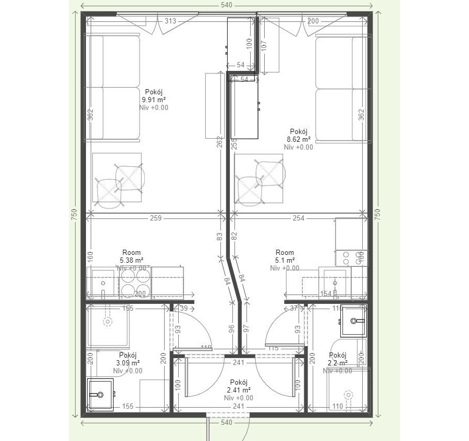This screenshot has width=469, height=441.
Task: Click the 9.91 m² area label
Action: click(x=154, y=100)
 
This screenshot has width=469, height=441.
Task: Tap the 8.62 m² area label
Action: click(x=299, y=140)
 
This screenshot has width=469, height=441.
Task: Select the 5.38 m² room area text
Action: click(x=131, y=260)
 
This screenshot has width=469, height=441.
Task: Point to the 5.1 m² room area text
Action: click(x=285, y=260)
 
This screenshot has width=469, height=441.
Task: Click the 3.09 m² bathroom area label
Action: click(x=128, y=363)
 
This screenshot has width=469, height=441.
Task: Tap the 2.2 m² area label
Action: click(x=337, y=363)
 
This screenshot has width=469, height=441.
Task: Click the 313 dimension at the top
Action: click(x=170, y=21)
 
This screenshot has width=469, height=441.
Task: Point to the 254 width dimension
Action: click(x=298, y=218)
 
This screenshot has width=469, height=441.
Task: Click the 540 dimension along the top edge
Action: click(x=227, y=5)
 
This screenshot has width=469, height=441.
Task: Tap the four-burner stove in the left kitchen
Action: click(x=135, y=283)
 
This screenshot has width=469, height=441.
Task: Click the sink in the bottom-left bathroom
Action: click(x=100, y=394)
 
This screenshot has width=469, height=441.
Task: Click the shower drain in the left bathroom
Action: click(x=108, y=322)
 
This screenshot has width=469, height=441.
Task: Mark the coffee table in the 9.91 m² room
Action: click(x=117, y=178)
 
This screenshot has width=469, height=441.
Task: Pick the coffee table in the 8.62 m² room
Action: click(x=260, y=179)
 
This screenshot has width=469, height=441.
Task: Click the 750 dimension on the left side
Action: click(x=74, y=214)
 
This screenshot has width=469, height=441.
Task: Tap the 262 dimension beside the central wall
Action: click(x=220, y=142)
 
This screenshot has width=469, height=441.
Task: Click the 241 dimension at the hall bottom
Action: click(x=239, y=406)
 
